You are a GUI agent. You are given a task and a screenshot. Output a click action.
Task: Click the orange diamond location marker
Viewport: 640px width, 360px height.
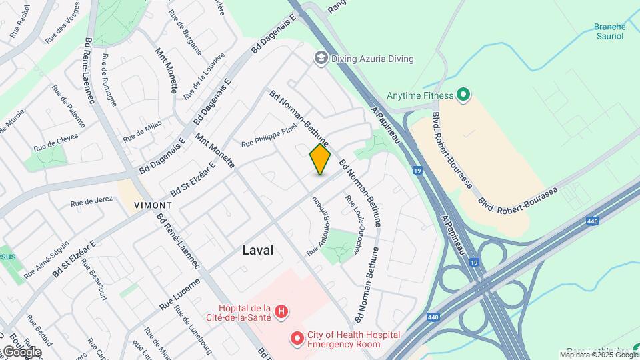click(x=320, y=159)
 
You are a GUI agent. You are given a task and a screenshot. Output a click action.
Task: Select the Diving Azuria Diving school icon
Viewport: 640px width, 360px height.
click(x=321, y=59)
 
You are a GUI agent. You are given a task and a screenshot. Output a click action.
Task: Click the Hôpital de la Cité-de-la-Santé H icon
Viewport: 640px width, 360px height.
click(x=282, y=311)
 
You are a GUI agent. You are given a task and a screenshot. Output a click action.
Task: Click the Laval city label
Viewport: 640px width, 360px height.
click(x=257, y=250)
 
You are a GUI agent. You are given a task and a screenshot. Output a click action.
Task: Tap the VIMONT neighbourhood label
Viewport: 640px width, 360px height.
click(x=153, y=205)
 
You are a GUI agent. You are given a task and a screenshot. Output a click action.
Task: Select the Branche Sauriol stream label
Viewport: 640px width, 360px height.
click(x=609, y=32)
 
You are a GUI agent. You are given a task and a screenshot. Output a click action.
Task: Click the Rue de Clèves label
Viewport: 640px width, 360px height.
click(x=56, y=141)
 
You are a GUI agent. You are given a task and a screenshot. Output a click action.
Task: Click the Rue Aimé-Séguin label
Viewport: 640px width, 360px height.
click(x=46, y=259)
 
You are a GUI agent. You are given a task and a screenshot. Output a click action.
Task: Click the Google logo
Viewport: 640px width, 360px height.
click(x=21, y=352)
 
